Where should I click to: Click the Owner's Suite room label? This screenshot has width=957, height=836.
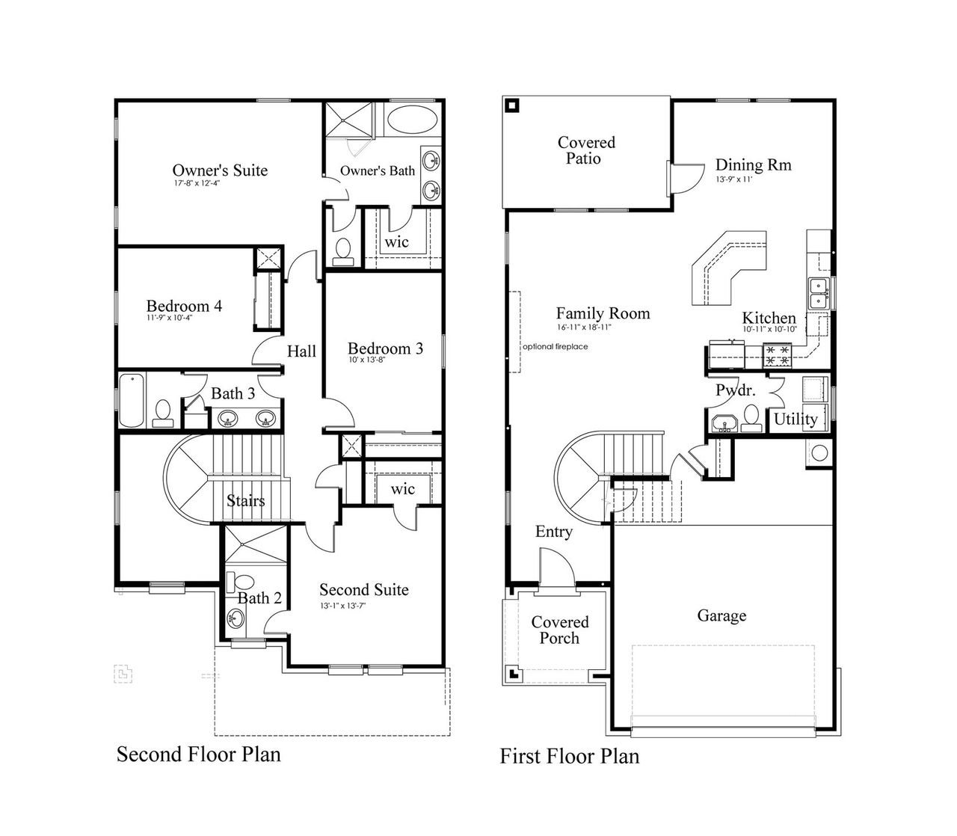[x=220, y=170]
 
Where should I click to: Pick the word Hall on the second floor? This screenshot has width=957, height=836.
[x=302, y=351]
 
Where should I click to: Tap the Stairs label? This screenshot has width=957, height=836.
[x=245, y=500]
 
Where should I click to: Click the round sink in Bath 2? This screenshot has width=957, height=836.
[x=237, y=618]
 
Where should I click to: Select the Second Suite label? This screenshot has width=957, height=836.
[x=364, y=590]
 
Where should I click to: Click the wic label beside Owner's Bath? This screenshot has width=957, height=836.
[x=396, y=242]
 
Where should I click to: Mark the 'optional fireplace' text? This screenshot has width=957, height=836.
[x=555, y=346]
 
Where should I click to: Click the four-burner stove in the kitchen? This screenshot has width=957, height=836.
[x=777, y=354]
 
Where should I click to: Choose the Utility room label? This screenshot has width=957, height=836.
[x=796, y=419]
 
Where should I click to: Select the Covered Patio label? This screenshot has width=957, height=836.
[x=586, y=150]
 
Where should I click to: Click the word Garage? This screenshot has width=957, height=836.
[x=721, y=615]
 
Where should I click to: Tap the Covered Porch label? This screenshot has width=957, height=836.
[x=560, y=630]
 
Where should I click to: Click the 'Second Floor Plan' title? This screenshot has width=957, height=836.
[x=199, y=754]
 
